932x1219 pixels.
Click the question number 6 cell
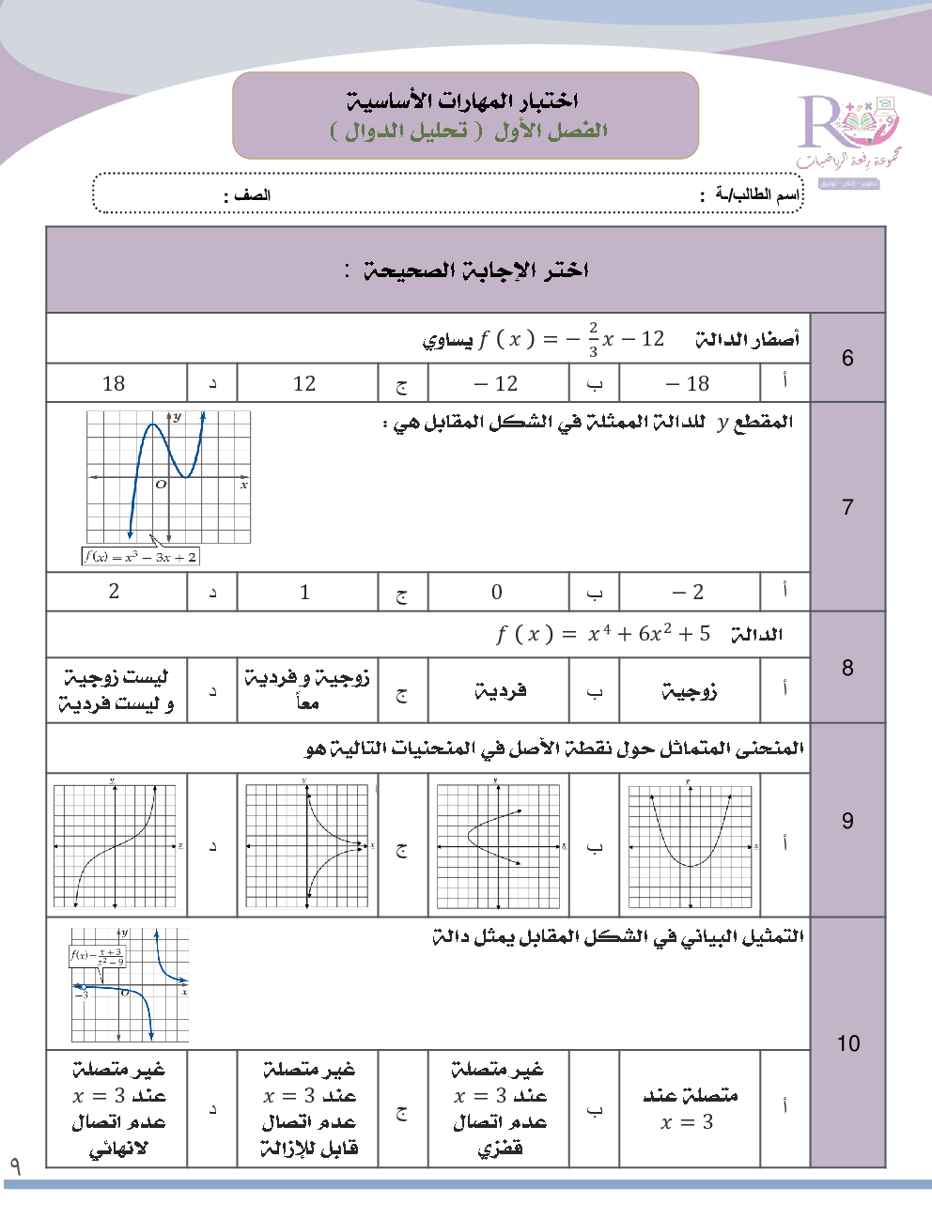click(x=847, y=358)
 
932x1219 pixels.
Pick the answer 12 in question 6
click(x=304, y=383)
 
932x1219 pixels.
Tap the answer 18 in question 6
click(x=114, y=383)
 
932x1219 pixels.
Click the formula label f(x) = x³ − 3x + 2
click(x=141, y=557)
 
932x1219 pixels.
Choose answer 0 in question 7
click(x=497, y=592)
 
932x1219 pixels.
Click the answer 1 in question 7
click(x=304, y=592)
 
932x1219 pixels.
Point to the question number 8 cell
click(x=847, y=668)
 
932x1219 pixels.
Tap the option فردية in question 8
click(x=500, y=692)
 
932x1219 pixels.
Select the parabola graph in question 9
click(x=691, y=845)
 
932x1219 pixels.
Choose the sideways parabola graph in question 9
click(x=499, y=845)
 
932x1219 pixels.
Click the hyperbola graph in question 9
click(x=308, y=845)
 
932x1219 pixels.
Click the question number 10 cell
click(x=847, y=1043)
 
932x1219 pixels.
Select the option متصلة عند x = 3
click(x=690, y=1108)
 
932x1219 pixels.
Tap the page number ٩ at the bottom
click(x=15, y=1166)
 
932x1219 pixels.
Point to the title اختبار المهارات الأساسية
click(x=462, y=100)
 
